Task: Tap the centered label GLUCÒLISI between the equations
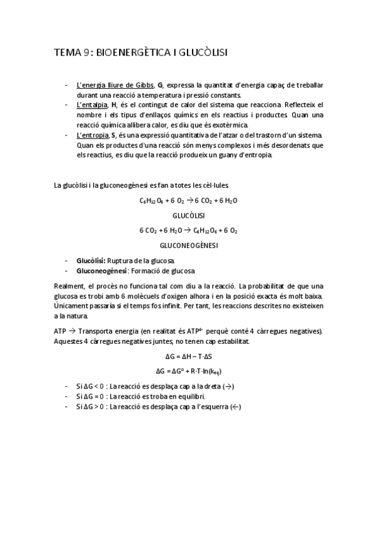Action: point(189,215)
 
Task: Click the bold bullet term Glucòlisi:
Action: point(91,260)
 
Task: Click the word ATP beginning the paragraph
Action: point(61,331)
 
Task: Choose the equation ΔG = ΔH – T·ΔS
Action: point(189,356)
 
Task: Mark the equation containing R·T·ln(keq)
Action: point(189,370)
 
